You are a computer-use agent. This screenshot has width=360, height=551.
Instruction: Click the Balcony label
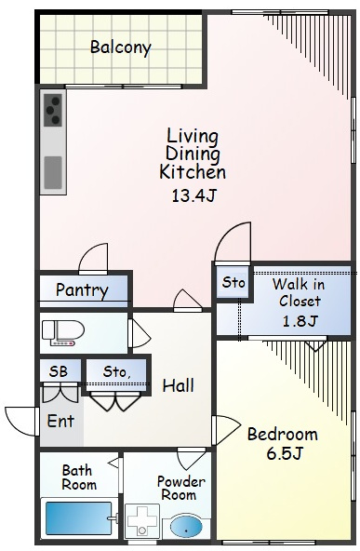[x=121, y=47]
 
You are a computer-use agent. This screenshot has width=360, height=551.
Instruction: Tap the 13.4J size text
[x=193, y=195]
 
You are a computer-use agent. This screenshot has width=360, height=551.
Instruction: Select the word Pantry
[x=82, y=290]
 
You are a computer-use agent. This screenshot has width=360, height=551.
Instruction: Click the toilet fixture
[x=63, y=332]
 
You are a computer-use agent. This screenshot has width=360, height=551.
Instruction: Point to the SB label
[x=59, y=371]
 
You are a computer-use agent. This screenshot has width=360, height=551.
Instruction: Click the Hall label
[x=178, y=385]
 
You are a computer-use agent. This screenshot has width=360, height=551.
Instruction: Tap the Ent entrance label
[x=60, y=421]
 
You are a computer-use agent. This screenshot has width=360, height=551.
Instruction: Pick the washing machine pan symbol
[x=142, y=521]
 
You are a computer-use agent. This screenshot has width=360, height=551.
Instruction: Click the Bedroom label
[x=283, y=435]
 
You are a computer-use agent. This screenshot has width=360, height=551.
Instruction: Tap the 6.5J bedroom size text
[x=284, y=453]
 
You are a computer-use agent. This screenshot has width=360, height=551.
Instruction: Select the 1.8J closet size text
[x=300, y=321]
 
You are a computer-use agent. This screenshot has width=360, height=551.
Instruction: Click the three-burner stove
[x=53, y=111]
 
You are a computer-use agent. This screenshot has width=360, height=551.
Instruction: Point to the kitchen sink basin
[x=53, y=173]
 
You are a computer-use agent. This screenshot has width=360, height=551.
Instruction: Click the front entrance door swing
[x=21, y=421]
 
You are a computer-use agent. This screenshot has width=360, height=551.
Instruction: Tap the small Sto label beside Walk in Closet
[x=233, y=282]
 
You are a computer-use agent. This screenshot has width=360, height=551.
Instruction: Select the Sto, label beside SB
[x=116, y=371]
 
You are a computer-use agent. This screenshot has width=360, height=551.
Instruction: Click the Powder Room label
[x=180, y=488]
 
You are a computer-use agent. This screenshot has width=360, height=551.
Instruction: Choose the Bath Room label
[x=79, y=477]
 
